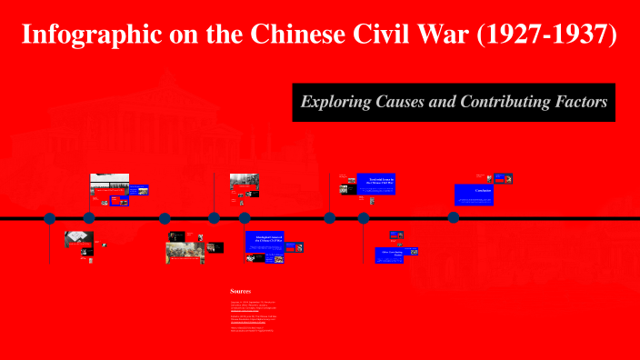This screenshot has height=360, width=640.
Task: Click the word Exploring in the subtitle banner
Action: (x=336, y=102)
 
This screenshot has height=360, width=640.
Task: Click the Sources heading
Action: (x=240, y=292)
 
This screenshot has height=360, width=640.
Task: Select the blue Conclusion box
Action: (x=474, y=194)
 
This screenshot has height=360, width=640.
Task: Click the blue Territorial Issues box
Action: (x=375, y=183)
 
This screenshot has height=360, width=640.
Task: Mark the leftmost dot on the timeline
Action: (x=50, y=218)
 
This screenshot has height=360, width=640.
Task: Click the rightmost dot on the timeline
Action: (x=453, y=218)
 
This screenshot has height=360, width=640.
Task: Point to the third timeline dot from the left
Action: (x=165, y=218)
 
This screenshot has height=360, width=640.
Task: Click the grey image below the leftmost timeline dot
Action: (x=78, y=240)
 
